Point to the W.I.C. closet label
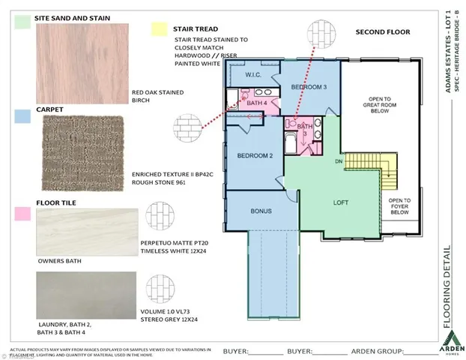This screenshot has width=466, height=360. click(x=252, y=75)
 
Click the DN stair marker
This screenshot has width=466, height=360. click(x=338, y=161)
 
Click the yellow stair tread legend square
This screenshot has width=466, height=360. click(x=158, y=28)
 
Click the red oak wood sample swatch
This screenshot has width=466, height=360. click(x=76, y=64)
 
